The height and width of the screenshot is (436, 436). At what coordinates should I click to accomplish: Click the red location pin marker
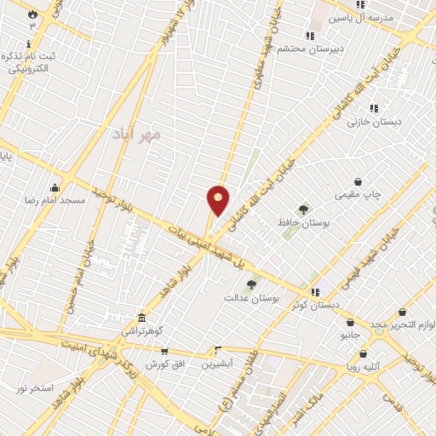[219, 200]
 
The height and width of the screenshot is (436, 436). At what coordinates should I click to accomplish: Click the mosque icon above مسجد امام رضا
[55, 187]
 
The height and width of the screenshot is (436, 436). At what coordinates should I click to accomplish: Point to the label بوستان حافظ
[303, 221]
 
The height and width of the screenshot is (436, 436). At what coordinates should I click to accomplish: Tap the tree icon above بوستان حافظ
[303, 209]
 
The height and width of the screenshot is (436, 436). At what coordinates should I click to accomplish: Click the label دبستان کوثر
[316, 304]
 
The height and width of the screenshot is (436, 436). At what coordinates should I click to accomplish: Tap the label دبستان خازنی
[373, 121]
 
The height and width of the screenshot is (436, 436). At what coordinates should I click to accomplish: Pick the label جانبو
[350, 336]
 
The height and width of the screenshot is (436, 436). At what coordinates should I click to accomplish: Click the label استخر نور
[34, 388]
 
